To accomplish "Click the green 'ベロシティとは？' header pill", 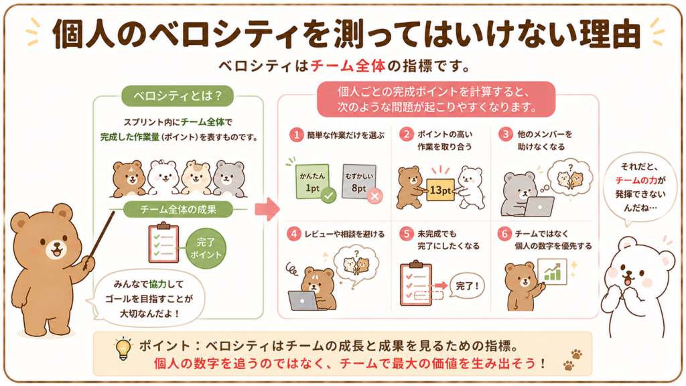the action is point(177,96).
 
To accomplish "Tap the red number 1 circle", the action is point(296,135).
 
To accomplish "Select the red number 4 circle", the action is point(293,234).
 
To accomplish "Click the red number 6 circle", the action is point(504,234).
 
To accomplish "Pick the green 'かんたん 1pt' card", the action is point(312,182).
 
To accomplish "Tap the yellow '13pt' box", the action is point(440,190).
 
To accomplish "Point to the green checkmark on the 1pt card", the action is point(328,195).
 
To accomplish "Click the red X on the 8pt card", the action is point(374,196).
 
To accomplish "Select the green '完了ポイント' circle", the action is point(206,248).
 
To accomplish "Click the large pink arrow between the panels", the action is point(267,209).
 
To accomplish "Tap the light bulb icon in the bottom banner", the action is point(123,349).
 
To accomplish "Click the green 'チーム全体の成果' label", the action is point(178,209).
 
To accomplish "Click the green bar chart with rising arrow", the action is point(552,271).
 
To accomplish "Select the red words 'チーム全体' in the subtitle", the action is point(348,66).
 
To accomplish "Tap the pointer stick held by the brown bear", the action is point(101,238).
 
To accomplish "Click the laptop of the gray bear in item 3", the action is point(539,206).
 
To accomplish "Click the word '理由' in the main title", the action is point(610,34).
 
